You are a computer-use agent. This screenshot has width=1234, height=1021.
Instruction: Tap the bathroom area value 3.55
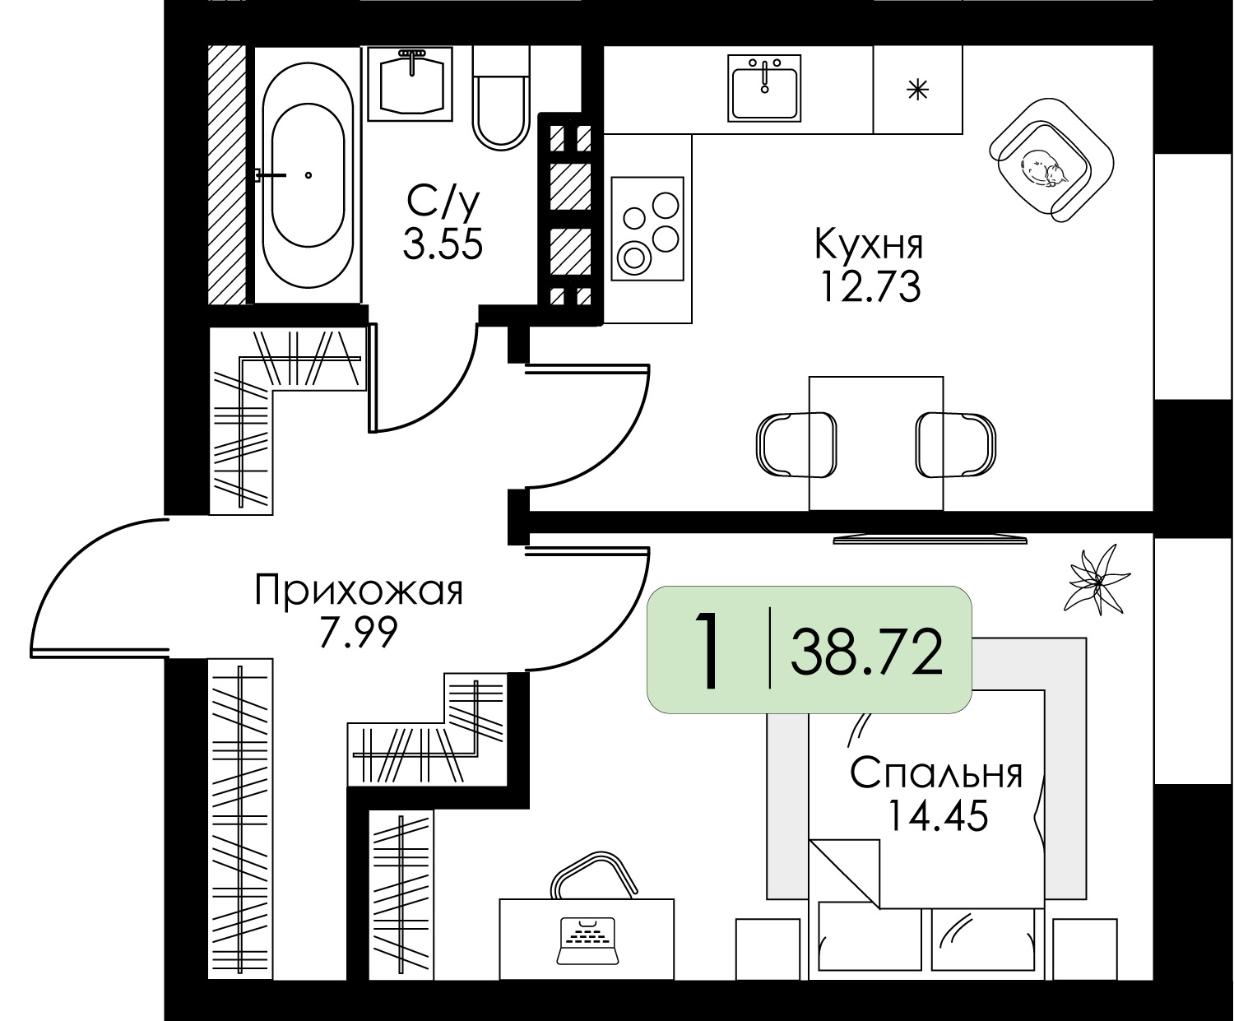[x=443, y=244]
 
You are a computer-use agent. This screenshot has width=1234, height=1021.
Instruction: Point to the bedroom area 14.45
[x=938, y=816]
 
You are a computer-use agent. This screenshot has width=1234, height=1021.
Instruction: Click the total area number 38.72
[x=867, y=652]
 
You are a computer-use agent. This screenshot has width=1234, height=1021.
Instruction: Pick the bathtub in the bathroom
[x=308, y=175]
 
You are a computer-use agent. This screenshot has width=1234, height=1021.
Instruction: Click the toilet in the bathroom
[x=500, y=98]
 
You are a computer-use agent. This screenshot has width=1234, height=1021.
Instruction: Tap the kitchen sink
[x=764, y=88]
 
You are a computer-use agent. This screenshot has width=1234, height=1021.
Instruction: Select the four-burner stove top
[x=647, y=228]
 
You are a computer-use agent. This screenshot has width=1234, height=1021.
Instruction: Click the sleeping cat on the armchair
[x=1044, y=168]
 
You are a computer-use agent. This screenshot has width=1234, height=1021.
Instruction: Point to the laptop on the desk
[x=587, y=941]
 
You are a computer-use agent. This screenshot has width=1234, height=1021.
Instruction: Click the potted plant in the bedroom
[x=1097, y=579]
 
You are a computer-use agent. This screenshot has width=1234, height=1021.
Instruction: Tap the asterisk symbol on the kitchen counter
[x=918, y=90]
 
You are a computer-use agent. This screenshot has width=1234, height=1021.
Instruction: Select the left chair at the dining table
[x=796, y=444]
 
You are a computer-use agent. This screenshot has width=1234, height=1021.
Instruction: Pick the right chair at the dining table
[x=956, y=444]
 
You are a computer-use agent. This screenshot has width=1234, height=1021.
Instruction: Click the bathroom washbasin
[x=411, y=83]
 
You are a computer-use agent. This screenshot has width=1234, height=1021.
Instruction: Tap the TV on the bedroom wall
[x=930, y=539]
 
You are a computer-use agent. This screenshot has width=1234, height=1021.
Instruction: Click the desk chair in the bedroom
[x=593, y=875]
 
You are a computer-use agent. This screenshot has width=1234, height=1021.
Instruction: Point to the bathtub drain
[x=308, y=175]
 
